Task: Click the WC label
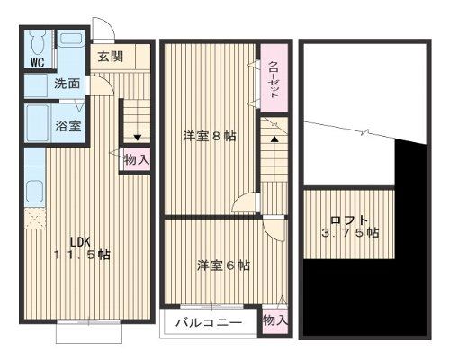[37, 63]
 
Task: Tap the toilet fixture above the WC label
[37, 43]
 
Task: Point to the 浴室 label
[68, 126]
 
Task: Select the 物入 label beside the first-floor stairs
[136, 159]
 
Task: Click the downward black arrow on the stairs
[136, 138]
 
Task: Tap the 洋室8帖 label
[210, 137]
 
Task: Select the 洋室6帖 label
[223, 265]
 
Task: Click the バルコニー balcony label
[209, 321]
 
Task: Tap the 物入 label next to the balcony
[274, 320]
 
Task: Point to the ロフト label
[348, 219]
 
